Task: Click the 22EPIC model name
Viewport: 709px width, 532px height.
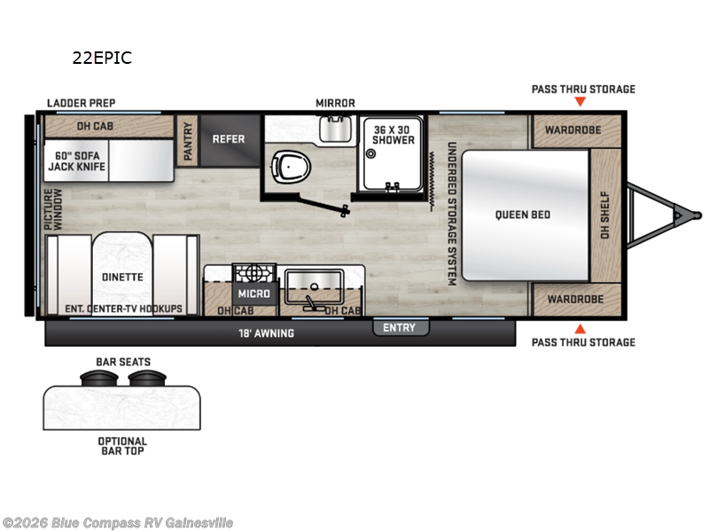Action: [102, 59]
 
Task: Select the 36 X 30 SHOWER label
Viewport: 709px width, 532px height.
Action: [393, 133]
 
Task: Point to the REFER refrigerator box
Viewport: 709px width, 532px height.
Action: [229, 139]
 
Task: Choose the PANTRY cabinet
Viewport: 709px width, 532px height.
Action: [188, 139]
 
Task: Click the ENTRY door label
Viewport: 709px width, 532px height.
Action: [399, 328]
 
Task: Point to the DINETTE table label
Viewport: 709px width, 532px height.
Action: [122, 277]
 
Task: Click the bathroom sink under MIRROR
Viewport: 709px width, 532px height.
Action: [335, 129]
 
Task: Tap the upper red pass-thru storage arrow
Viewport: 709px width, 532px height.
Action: [580, 102]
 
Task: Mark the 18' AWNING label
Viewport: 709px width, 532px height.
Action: [267, 333]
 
